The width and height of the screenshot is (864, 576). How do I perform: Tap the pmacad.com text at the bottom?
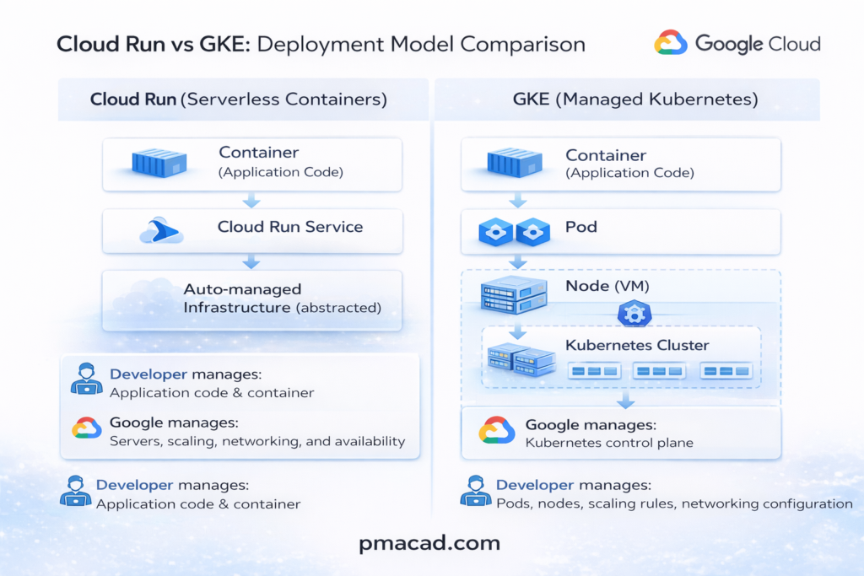tap(429, 543)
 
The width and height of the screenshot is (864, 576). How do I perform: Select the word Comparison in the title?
tap(516, 44)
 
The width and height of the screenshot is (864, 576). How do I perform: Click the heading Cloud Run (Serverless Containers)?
tap(239, 100)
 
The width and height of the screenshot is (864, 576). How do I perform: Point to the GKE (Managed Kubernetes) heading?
tap(635, 100)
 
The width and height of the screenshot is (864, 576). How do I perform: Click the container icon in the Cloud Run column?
tap(159, 162)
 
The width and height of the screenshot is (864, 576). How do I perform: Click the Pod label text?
tap(581, 227)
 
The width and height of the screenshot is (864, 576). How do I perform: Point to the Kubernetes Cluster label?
tap(637, 345)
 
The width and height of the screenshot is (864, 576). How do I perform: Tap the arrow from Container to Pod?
tap(518, 201)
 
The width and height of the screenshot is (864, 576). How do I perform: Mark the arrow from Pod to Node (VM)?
tap(518, 261)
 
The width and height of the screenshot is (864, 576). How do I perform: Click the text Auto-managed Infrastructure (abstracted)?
tap(282, 299)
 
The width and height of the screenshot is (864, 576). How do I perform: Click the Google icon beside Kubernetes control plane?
tap(497, 431)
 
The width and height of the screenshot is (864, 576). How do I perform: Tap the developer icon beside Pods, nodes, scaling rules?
tap(476, 491)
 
